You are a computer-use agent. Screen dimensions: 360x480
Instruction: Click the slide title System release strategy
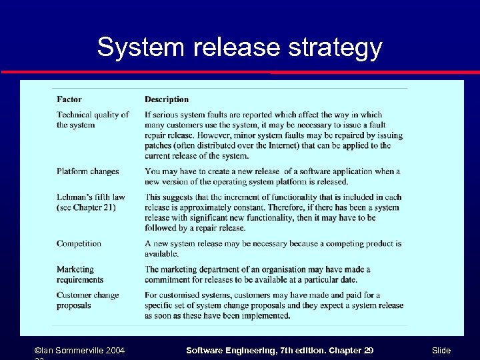pyautogui.click(x=239, y=47)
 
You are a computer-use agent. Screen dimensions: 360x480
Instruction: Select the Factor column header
pyautogui.click(x=69, y=99)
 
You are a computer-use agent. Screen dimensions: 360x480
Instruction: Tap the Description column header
pyautogui.click(x=167, y=99)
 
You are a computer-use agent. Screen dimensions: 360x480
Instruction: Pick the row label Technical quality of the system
pyautogui.click(x=92, y=119)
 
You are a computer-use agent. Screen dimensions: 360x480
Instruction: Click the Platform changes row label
pyautogui.click(x=87, y=171)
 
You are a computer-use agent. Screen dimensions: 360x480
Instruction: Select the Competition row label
pyautogui.click(x=79, y=243)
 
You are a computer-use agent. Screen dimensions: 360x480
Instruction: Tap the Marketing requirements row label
pyautogui.click(x=80, y=274)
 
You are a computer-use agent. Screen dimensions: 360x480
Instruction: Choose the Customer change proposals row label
pyautogui.click(x=87, y=300)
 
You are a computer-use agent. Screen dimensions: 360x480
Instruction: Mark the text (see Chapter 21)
pyautogui.click(x=86, y=207)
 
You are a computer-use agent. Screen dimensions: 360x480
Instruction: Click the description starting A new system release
pyautogui.click(x=273, y=248)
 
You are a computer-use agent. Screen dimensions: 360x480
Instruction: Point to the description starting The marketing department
pyautogui.click(x=257, y=274)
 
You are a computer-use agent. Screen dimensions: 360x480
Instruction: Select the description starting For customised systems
pyautogui.click(x=273, y=305)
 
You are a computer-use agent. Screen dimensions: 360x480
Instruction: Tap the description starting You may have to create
pyautogui.click(x=272, y=176)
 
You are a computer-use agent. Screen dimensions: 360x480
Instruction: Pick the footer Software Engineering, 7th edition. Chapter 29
pyautogui.click(x=279, y=350)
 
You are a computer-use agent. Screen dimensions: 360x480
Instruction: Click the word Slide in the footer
pyautogui.click(x=441, y=350)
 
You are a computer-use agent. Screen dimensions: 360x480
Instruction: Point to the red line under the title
pyautogui.click(x=239, y=72)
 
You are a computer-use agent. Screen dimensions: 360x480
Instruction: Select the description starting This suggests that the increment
pyautogui.click(x=273, y=212)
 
